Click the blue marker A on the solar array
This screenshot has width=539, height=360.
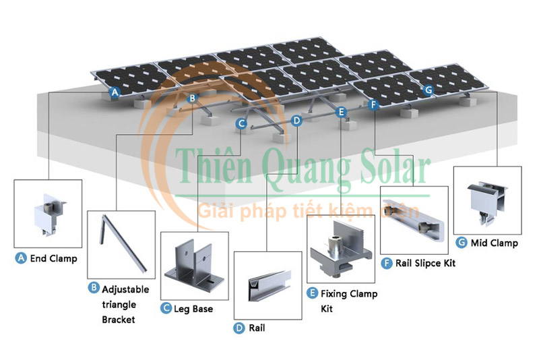(x=115, y=92)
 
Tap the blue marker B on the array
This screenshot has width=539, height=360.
(x=192, y=98)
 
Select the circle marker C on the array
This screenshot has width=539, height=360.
(x=241, y=123)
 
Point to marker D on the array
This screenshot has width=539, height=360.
(x=297, y=120)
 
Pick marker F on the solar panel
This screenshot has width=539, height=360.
(x=375, y=104)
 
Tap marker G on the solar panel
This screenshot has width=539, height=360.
(x=429, y=89)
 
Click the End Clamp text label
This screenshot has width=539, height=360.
(x=53, y=258)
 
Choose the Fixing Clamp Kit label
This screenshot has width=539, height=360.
(x=348, y=301)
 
